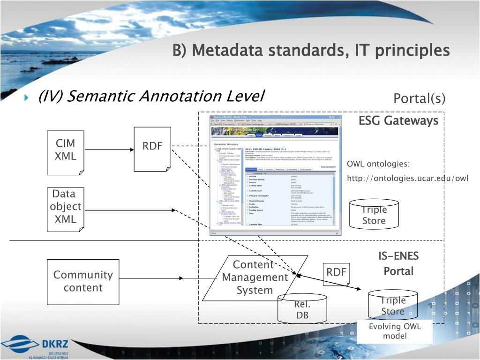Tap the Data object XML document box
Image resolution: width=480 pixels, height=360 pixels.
[x=65, y=209]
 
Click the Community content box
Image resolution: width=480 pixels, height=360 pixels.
[x=83, y=281]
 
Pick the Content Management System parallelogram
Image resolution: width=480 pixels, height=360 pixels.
[x=255, y=277]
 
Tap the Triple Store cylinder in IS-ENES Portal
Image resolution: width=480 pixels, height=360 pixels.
[x=392, y=306]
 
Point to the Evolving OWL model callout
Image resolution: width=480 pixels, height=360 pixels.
[x=395, y=331]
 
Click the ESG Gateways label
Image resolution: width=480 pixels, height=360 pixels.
[x=398, y=121]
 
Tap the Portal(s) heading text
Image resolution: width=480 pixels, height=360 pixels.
[x=419, y=99]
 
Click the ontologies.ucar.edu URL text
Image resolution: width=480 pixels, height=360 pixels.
[x=407, y=178]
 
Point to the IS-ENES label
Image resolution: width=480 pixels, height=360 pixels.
[x=398, y=256]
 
